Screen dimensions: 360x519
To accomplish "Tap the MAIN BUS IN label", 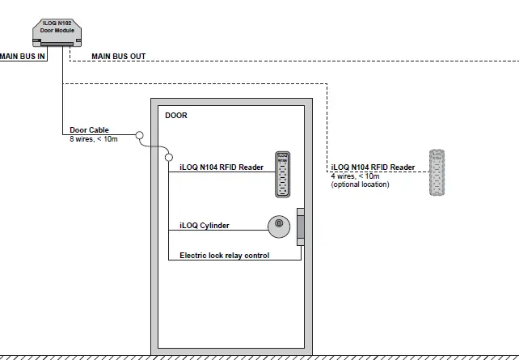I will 23,57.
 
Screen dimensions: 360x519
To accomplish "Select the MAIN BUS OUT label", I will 119,57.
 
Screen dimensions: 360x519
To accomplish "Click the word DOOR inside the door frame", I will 175,116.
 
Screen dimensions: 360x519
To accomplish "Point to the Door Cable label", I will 89,129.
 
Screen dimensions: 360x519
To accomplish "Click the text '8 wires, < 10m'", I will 94,138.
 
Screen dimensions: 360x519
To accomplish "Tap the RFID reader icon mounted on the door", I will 282,174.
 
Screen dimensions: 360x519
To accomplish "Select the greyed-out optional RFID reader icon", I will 437,173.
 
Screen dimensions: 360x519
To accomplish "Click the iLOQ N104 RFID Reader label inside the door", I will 222,167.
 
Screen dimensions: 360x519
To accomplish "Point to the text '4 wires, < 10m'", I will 355,176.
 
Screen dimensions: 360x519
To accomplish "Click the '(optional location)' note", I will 360,184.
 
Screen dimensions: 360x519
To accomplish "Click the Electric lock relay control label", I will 224,256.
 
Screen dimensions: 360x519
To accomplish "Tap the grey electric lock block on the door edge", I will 301,227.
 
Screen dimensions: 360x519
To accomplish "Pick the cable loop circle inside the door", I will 169,155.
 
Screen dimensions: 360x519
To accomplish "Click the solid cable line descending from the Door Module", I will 62,97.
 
